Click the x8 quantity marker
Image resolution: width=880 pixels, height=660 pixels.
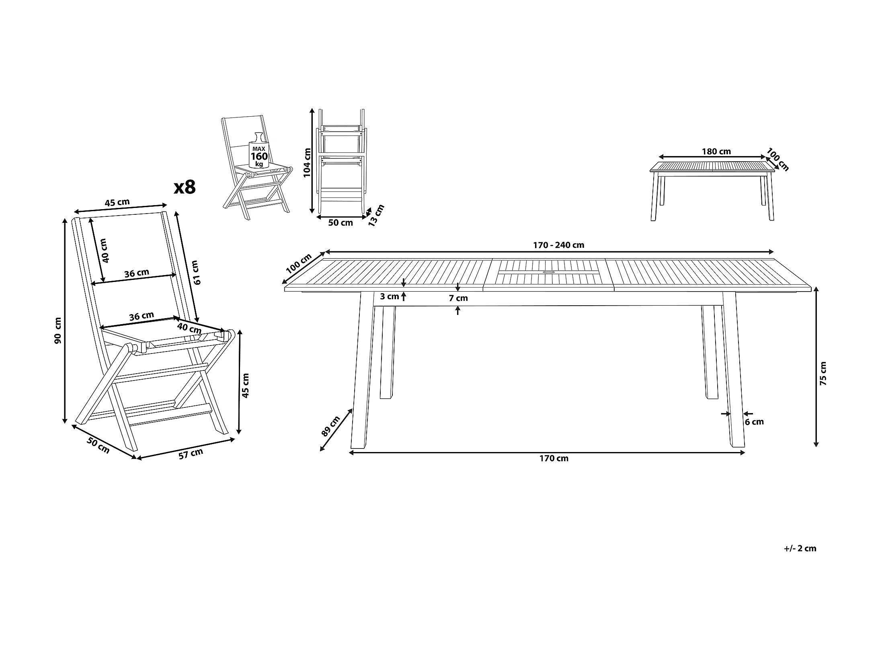[185, 187]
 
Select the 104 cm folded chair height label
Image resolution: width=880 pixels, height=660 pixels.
[307, 163]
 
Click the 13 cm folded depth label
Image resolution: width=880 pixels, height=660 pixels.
[376, 215]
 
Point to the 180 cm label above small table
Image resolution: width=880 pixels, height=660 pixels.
[716, 152]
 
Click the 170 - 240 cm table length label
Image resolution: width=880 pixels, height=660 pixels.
[558, 245]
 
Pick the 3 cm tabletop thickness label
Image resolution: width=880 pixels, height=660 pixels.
[389, 297]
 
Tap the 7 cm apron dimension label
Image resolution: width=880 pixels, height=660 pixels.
[458, 298]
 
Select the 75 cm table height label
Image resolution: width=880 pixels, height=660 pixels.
[823, 374]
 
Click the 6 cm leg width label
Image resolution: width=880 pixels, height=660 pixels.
[754, 422]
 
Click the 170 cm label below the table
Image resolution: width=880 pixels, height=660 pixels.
[554, 458]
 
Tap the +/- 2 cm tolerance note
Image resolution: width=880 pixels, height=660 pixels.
[800, 548]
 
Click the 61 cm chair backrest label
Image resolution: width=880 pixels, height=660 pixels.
[196, 273]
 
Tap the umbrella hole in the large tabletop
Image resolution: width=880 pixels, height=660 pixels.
[548, 273]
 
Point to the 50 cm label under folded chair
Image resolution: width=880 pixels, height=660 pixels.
[340, 222]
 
